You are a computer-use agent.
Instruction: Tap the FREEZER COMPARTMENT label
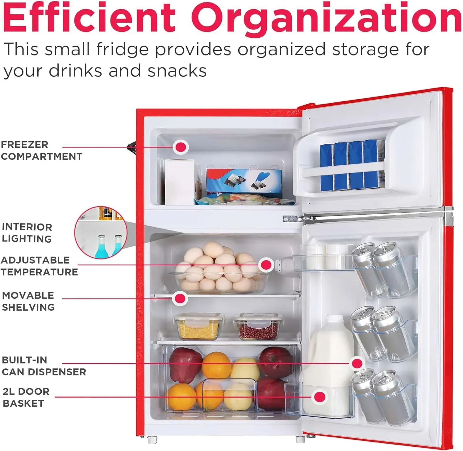tap(42, 150)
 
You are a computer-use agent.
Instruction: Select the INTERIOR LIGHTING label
tap(27, 233)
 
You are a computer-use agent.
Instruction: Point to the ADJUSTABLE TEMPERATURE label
tap(39, 266)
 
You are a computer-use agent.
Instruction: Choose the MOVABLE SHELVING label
tap(28, 301)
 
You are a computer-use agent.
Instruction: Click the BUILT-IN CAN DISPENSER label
tap(44, 366)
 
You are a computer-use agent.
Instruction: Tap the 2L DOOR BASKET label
tap(26, 397)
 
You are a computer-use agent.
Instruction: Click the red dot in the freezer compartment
tap(181, 147)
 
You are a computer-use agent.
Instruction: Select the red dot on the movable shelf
tap(180, 298)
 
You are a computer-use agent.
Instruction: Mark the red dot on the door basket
tap(320, 397)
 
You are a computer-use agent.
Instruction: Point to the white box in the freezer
tap(180, 182)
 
